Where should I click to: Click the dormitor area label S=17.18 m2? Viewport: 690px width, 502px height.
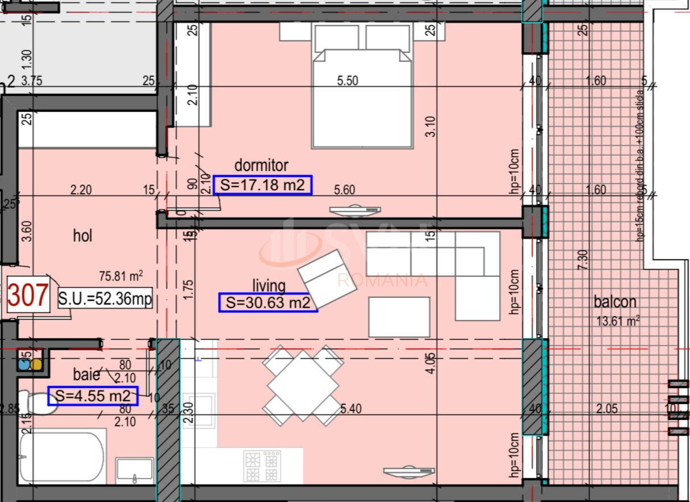click(x=262, y=185)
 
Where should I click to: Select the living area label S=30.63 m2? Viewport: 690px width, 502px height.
click(x=267, y=302)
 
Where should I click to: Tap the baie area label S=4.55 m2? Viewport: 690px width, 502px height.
click(x=93, y=396)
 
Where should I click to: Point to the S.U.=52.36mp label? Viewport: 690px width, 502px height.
click(x=105, y=298)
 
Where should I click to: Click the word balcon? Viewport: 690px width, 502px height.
click(x=615, y=301)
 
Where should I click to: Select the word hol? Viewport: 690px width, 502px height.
click(x=82, y=235)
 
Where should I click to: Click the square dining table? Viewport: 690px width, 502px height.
click(x=303, y=385)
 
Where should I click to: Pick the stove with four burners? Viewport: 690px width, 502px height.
click(x=262, y=466)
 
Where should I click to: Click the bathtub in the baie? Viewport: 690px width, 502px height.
click(x=61, y=457)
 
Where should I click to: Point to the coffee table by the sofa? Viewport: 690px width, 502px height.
click(x=399, y=317)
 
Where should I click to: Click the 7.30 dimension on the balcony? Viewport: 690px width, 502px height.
click(x=581, y=260)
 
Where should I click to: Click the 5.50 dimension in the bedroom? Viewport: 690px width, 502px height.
click(x=348, y=81)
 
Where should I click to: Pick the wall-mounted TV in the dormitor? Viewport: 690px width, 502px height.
click(x=355, y=211)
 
